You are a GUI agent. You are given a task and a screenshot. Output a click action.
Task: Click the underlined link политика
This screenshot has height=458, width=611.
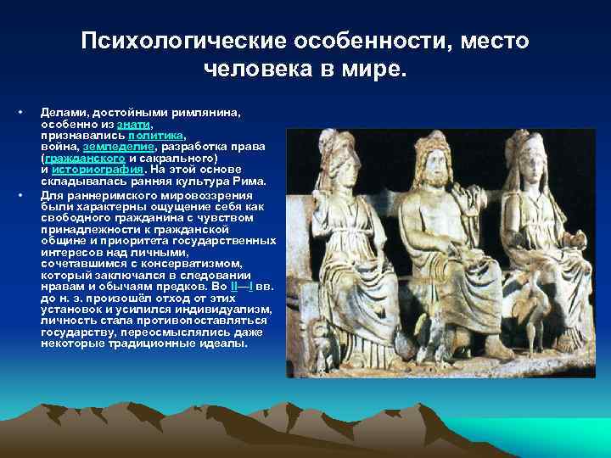(x=155, y=135)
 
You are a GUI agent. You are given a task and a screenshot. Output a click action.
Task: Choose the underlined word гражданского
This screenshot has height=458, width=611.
(x=86, y=158)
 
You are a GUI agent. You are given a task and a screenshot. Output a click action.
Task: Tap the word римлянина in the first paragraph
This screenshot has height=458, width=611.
(x=199, y=112)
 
